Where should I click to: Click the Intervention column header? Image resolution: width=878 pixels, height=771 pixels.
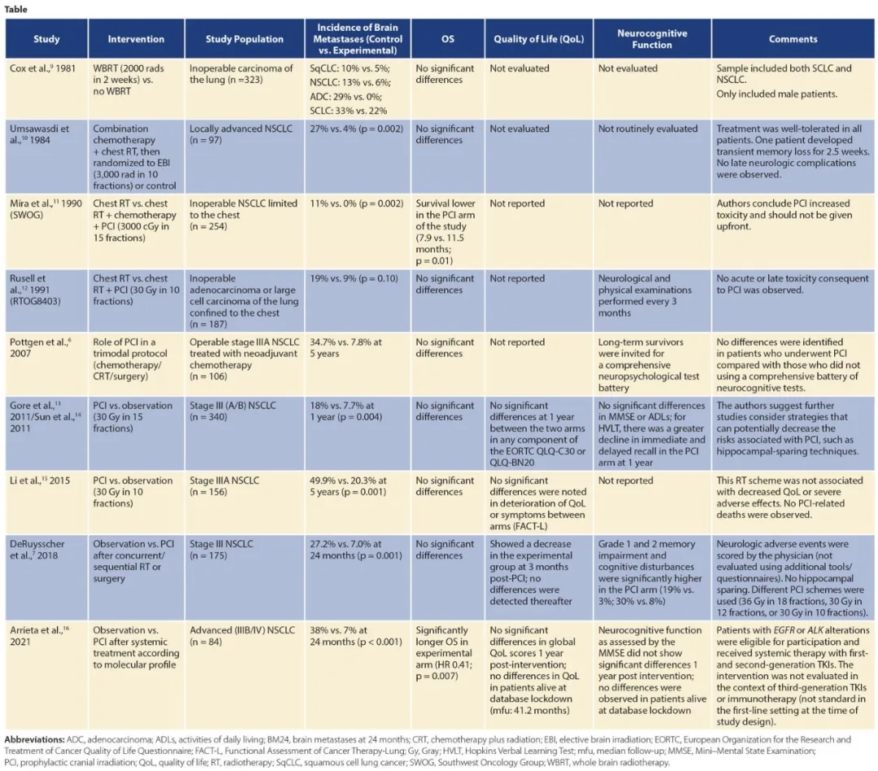(x=136, y=39)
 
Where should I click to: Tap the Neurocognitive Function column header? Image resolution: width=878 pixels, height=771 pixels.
(x=652, y=39)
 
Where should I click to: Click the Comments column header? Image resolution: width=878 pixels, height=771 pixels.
(x=793, y=39)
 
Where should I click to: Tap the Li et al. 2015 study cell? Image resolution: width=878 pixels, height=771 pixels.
(x=46, y=481)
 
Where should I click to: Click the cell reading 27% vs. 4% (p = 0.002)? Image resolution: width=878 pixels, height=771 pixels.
(x=356, y=129)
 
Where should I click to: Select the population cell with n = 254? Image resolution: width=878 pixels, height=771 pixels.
(x=243, y=214)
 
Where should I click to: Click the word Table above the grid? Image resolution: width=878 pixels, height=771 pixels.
(x=16, y=9)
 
